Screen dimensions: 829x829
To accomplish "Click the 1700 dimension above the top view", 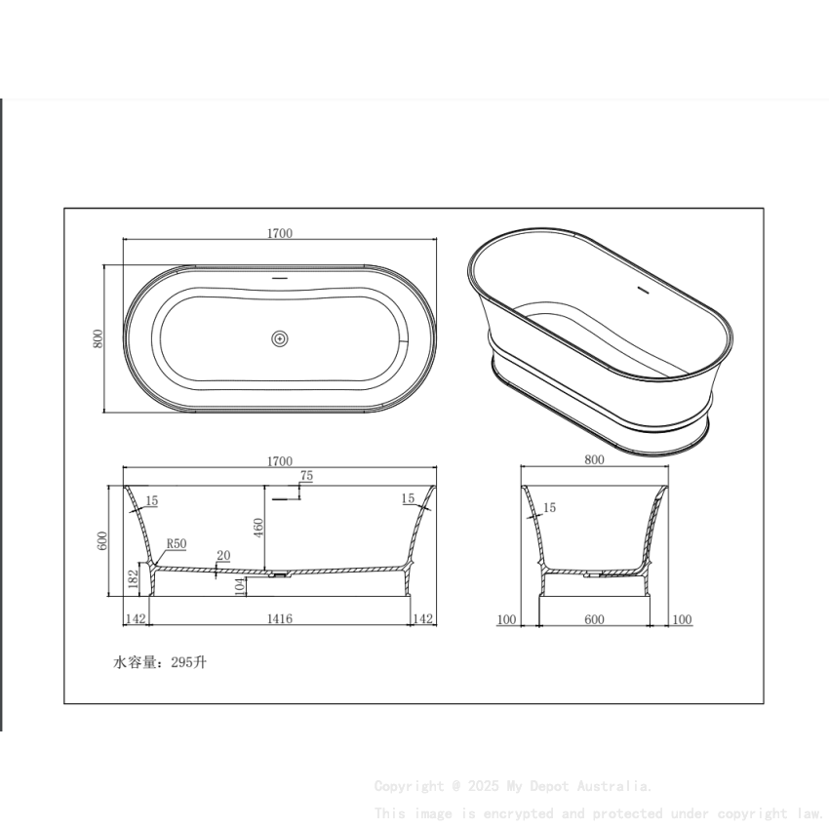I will coord(280,233).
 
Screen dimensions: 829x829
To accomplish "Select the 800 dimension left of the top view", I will coord(98,338).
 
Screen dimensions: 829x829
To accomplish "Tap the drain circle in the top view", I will coord(280,338).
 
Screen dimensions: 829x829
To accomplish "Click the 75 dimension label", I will coord(306,476).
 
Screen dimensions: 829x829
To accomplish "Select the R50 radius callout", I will coord(177,543).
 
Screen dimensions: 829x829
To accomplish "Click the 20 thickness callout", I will coord(223,556).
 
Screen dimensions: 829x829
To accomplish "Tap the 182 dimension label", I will coord(133,579).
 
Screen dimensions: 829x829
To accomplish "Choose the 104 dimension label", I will coord(240,585).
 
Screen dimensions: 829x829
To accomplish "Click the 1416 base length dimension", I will coord(280,619).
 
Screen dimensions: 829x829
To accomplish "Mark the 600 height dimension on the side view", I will coord(101,541).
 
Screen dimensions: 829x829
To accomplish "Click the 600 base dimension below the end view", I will coord(594,619).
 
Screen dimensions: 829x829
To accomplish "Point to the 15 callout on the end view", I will coord(549,508).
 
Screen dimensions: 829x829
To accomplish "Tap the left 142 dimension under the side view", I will coord(135,619).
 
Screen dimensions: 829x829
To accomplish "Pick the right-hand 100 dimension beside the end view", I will coord(682,619).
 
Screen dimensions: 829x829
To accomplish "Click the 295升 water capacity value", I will coord(188,662).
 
